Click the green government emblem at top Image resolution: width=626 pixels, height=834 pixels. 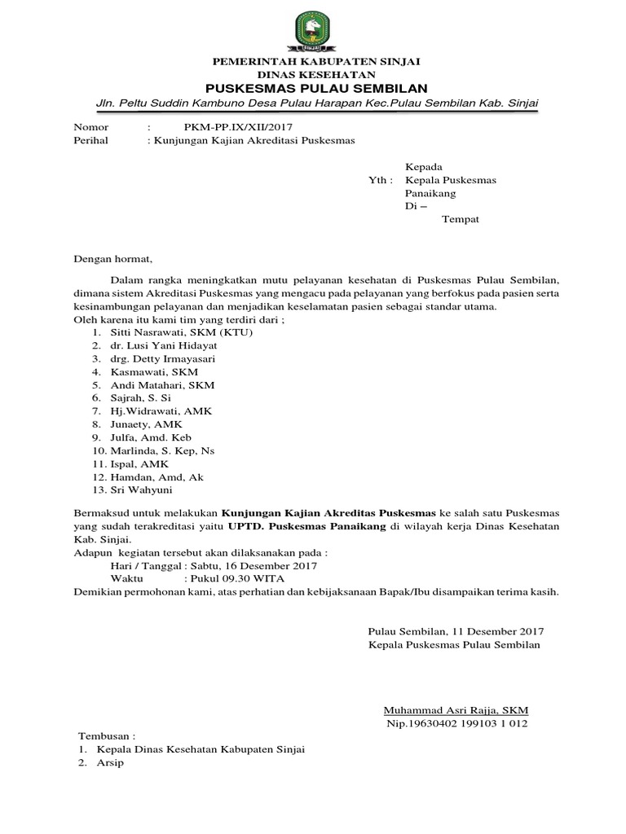coord(313,31)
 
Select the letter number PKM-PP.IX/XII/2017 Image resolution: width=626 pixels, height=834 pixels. coord(237,128)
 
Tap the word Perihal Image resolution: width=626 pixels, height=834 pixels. coord(90,140)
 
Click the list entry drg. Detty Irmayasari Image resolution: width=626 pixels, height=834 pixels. coord(164,358)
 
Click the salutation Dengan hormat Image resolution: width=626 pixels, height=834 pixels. coord(112,259)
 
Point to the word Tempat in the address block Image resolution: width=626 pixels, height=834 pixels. coord(460,220)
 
